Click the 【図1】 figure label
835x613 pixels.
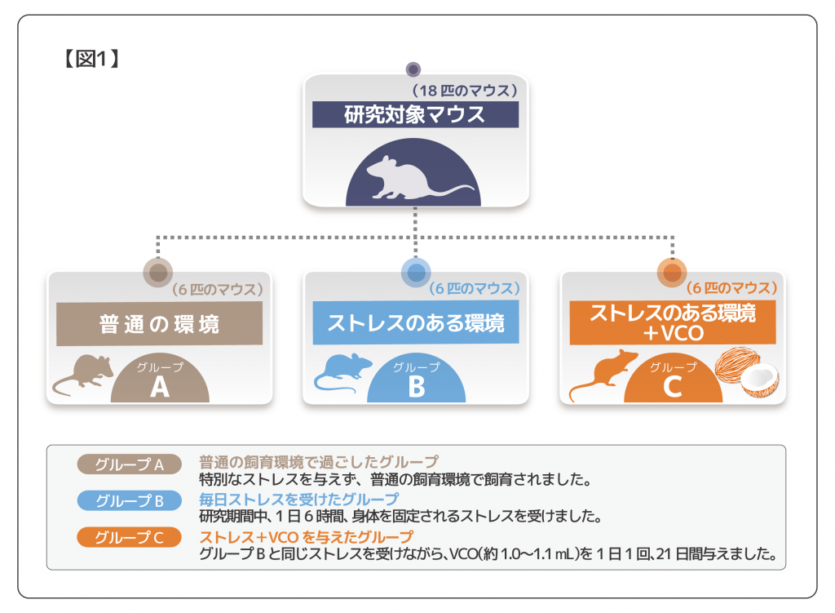[91, 60]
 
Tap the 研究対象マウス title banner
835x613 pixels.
[415, 114]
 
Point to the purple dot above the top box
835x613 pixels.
[413, 69]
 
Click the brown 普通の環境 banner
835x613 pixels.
[159, 324]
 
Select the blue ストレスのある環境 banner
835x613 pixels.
[416, 323]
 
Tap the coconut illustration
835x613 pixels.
[747, 374]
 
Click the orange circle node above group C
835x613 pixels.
[673, 273]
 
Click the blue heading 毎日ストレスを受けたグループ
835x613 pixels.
[299, 499]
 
